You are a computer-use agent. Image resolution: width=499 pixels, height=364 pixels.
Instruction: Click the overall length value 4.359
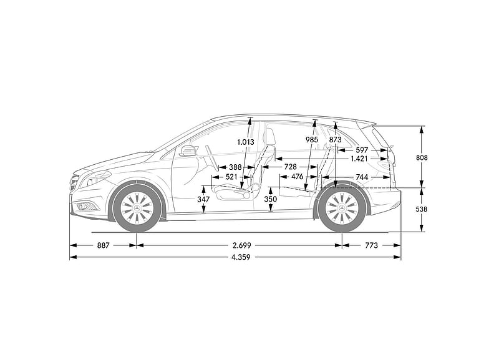241,257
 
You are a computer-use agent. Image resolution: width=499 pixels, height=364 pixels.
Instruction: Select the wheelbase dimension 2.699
241,245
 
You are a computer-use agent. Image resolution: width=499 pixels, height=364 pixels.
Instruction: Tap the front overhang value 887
103,245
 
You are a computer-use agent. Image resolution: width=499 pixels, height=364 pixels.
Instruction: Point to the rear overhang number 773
371,245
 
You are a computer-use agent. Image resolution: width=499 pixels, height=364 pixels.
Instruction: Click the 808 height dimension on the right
422,157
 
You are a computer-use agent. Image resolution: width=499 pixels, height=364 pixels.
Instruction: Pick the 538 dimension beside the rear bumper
422,209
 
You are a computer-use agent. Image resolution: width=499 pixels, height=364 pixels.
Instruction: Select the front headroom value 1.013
246,142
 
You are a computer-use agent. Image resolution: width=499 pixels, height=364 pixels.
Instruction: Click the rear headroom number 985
311,139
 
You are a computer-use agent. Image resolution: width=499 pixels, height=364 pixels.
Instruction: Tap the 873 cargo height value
335,139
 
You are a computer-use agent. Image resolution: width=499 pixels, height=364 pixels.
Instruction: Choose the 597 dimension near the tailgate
362,150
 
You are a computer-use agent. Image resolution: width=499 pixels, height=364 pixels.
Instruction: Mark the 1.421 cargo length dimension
359,159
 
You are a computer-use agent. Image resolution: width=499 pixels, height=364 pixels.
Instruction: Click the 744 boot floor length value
362,177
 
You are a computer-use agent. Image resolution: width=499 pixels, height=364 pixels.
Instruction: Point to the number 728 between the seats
290,167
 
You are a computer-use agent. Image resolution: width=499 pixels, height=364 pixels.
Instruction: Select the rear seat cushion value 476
298,177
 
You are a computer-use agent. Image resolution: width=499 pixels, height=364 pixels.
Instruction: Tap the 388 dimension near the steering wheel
236,167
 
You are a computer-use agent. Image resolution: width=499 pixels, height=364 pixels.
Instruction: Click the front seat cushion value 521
231,177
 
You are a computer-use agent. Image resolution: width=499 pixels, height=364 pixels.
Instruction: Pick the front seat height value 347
203,199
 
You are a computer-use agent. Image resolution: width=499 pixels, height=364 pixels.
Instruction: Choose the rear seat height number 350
271,199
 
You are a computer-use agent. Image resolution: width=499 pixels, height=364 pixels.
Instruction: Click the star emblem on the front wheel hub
137,208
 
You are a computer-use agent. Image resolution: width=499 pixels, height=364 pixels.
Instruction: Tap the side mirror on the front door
188,150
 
